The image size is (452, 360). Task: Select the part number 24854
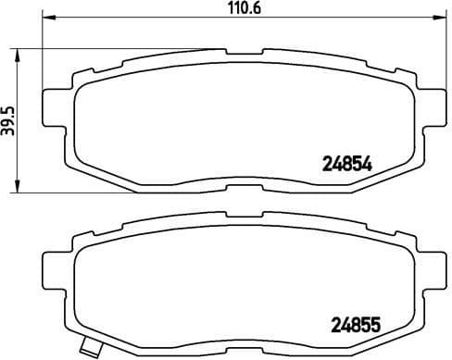(x=346, y=162)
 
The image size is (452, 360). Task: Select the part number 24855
(x=357, y=326)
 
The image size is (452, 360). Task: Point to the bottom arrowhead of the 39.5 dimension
(x=20, y=189)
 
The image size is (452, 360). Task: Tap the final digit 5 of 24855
(x=376, y=326)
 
